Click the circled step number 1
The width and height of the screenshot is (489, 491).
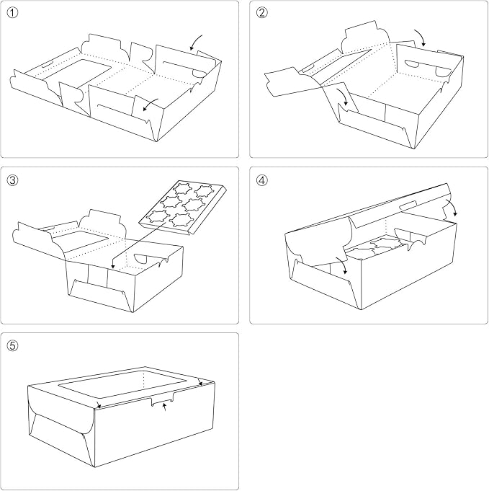(12, 13)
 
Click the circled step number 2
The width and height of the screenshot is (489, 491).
(262, 13)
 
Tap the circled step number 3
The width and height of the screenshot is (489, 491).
(12, 180)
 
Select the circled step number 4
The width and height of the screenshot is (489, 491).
(262, 180)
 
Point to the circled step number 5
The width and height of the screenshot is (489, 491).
(12, 345)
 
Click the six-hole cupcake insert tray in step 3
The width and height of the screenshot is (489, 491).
(182, 207)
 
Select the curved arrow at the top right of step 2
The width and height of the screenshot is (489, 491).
(420, 36)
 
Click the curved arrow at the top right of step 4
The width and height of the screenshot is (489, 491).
(452, 206)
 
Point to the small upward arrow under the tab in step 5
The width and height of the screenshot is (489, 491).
(165, 407)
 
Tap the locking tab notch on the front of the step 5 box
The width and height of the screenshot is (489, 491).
(162, 399)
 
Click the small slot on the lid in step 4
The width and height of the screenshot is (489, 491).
(408, 205)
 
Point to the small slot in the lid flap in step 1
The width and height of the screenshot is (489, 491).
(47, 66)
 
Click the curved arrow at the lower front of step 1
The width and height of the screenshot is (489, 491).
(151, 104)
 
